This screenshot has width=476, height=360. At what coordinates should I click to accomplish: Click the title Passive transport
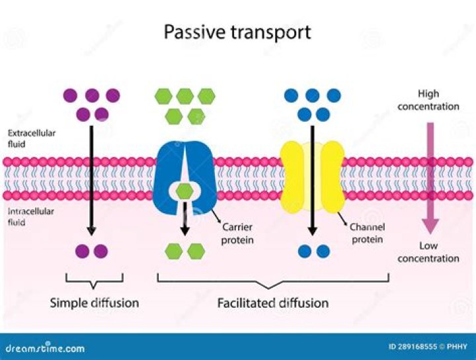tap(237, 32)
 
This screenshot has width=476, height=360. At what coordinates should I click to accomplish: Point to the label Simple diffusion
tap(95, 303)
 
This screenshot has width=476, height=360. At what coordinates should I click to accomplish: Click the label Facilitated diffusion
tap(273, 303)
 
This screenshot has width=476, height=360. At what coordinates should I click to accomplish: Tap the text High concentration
tap(429, 100)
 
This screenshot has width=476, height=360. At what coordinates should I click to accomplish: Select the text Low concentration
tap(428, 251)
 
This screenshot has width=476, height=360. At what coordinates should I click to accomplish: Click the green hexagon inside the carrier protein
tap(186, 191)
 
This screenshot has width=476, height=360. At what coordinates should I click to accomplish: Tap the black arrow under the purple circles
tap(92, 179)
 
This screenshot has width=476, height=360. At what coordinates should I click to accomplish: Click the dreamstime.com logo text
tap(45, 348)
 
